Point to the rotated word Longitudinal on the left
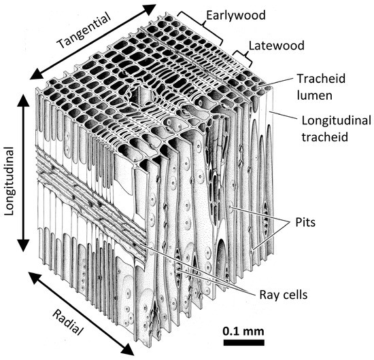(10, 174)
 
